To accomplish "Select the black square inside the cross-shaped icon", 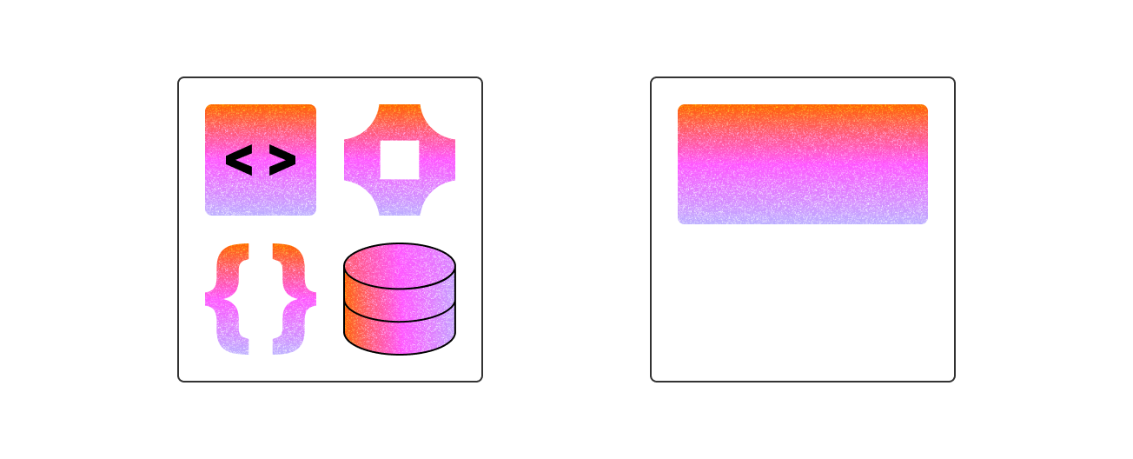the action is click(400, 160).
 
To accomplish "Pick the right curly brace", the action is click(292, 299).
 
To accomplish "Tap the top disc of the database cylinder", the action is click(400, 266).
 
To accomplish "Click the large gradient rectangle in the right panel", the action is click(803, 164).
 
